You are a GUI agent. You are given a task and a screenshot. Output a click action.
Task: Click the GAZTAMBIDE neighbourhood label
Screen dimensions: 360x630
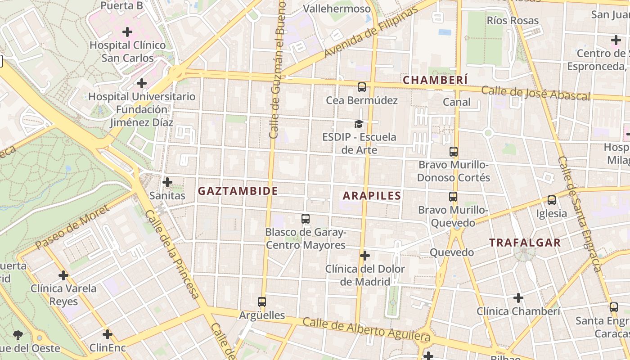pyautogui.click(x=238, y=191)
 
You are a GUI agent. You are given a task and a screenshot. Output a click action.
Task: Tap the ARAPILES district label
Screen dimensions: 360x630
pyautogui.click(x=372, y=196)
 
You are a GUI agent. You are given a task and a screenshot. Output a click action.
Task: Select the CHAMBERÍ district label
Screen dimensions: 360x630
pyautogui.click(x=435, y=80)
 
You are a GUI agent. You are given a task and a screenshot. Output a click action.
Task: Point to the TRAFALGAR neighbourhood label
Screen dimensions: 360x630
pyautogui.click(x=525, y=243)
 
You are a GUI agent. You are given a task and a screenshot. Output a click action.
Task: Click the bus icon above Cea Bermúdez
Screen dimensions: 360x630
pyautogui.click(x=362, y=87)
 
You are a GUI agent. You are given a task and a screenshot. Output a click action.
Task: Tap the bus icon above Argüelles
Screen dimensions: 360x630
pyautogui.click(x=262, y=302)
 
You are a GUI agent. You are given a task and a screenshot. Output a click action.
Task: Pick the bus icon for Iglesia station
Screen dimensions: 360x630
pyautogui.click(x=552, y=200)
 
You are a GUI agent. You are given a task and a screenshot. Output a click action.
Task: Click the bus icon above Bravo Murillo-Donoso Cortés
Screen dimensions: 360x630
pyautogui.click(x=454, y=152)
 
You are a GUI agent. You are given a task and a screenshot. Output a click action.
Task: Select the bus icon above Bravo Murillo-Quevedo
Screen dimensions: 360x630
pyautogui.click(x=453, y=197)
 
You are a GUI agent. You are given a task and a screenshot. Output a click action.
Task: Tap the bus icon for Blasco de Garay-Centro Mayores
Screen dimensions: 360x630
pyautogui.click(x=306, y=219)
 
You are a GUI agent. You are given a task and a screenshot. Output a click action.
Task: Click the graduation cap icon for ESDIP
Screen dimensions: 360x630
pyautogui.click(x=359, y=124)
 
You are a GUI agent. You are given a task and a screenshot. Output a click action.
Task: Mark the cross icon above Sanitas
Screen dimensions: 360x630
pyautogui.click(x=167, y=182)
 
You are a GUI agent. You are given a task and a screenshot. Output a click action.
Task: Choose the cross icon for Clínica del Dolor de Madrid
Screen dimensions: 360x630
pyautogui.click(x=365, y=256)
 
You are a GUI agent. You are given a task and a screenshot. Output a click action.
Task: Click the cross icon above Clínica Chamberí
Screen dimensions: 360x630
pyautogui.click(x=518, y=298)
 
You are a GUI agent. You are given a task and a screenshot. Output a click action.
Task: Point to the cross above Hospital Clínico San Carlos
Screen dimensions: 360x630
pyautogui.click(x=128, y=32)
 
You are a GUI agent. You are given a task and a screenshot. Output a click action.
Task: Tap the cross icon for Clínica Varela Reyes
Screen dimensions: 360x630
pyautogui.click(x=63, y=275)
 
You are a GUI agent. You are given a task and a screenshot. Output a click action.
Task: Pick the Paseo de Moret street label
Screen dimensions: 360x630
pyautogui.click(x=72, y=227)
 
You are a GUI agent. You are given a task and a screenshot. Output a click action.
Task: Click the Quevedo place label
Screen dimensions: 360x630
pyautogui.click(x=452, y=252)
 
